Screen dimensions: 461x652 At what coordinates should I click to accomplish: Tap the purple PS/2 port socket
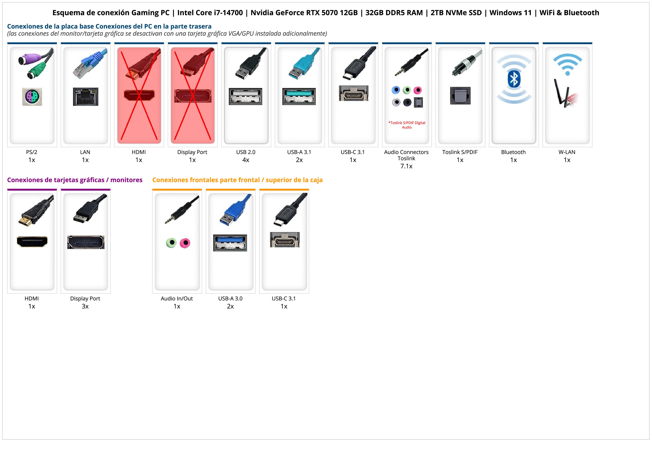pos(32,97)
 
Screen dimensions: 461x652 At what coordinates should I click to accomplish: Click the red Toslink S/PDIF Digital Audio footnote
pos(407,125)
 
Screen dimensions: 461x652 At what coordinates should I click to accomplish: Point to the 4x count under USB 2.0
pos(246,160)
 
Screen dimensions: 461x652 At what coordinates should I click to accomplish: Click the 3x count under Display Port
pos(85,306)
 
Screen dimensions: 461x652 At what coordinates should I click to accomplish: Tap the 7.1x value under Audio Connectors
pos(406,166)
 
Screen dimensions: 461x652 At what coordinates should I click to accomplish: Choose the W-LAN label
pos(567,152)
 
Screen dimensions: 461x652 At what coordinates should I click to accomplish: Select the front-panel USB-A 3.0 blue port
pos(230,243)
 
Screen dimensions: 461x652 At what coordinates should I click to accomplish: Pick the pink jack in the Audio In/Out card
pos(185,243)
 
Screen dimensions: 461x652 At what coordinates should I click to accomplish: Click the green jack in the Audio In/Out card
pos(171,243)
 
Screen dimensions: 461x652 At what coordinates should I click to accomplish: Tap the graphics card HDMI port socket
pos(32,242)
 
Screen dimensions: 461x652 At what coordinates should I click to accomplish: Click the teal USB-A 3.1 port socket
pos(299,96)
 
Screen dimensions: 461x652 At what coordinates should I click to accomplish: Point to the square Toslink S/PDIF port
pos(460,96)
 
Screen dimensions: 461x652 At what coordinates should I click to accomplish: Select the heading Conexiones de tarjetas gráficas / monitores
pos(75,180)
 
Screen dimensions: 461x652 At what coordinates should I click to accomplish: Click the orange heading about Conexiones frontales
pos(237,180)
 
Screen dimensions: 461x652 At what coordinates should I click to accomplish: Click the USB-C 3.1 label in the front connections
pos(284,298)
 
